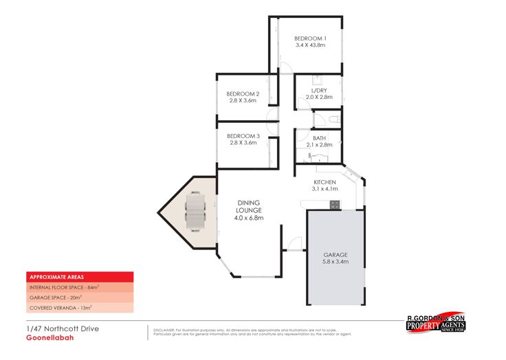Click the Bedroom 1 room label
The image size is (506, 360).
tap(309, 38)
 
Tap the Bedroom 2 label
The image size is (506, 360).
tap(243, 93)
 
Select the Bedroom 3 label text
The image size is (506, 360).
tap(243, 136)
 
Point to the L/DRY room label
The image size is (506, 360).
tap(319, 90)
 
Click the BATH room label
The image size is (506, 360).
tap(319, 138)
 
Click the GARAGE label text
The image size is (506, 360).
tap(335, 254)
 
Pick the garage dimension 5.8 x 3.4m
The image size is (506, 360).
tap(335, 261)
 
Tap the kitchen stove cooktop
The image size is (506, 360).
tap(334, 204)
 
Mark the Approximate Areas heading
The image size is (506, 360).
tap(52, 276)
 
